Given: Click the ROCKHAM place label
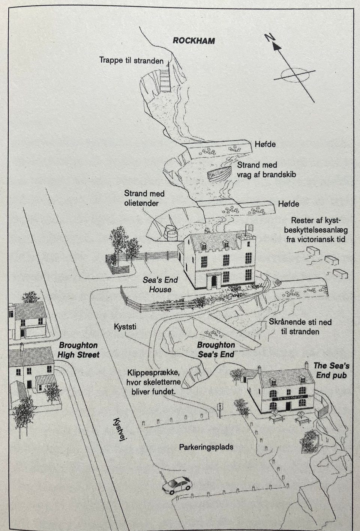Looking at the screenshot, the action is point(194,41).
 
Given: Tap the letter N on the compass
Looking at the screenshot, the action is point(270,38).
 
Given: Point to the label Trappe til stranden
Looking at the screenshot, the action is point(132,60).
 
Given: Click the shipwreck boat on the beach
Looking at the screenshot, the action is point(219,174).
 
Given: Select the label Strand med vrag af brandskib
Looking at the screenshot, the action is point(267,170).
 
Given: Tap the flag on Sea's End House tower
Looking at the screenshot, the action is point(249,227).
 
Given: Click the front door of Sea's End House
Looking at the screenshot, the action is point(214,281).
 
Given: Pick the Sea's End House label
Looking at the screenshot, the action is point(160,284).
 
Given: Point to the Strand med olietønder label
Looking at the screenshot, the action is point(144,198).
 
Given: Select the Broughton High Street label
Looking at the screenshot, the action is point(78,350).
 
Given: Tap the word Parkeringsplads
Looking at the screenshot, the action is point(206,447).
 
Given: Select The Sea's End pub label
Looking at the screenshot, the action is point(331,370).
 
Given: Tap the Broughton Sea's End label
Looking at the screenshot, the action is point(216,349).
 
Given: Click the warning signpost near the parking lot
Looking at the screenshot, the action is point(220,410).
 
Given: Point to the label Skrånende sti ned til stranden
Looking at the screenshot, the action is point(300,326).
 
